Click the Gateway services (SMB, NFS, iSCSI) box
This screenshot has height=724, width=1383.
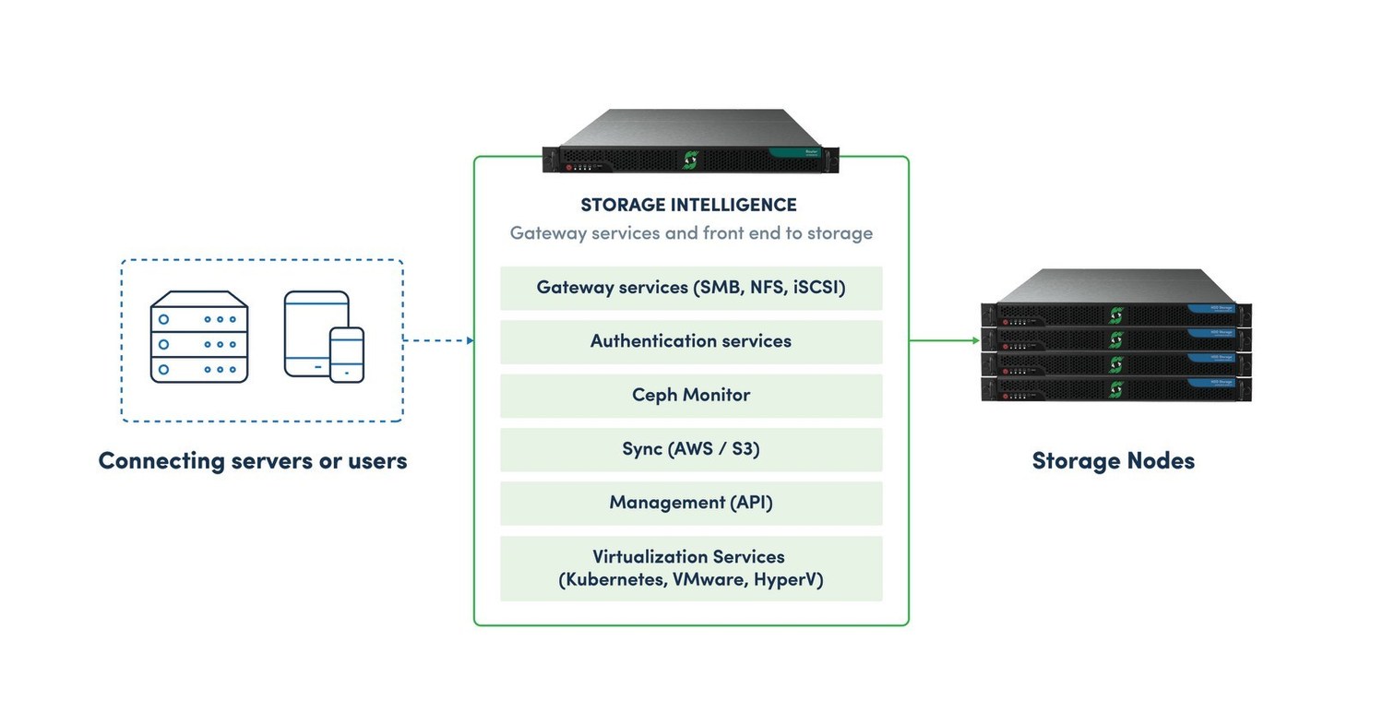pos(691,288)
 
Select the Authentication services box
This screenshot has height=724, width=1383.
pos(691,341)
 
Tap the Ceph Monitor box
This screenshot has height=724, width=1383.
pos(691,395)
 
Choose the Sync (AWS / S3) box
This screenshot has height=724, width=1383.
pos(691,449)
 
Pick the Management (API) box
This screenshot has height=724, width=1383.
pos(691,503)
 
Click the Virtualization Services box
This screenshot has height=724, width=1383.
pos(691,568)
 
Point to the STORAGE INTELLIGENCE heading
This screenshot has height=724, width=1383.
pos(688,205)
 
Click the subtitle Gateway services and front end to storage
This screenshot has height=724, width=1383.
pos(691,232)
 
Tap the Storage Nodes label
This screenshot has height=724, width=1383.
pos(1113,460)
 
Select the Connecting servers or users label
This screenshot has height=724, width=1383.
pos(253,460)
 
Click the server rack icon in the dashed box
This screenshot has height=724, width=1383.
pos(199,337)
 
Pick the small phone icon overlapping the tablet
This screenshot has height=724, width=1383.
pos(347,354)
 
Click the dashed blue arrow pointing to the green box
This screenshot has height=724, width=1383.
pos(438,340)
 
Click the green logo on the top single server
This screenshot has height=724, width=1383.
pos(689,160)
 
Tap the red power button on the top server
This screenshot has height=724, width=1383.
pos(569,168)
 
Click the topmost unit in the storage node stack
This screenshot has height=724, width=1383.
pos(1116,315)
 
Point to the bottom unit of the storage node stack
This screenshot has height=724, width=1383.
pos(1116,389)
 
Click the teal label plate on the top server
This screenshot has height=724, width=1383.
pos(799,152)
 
